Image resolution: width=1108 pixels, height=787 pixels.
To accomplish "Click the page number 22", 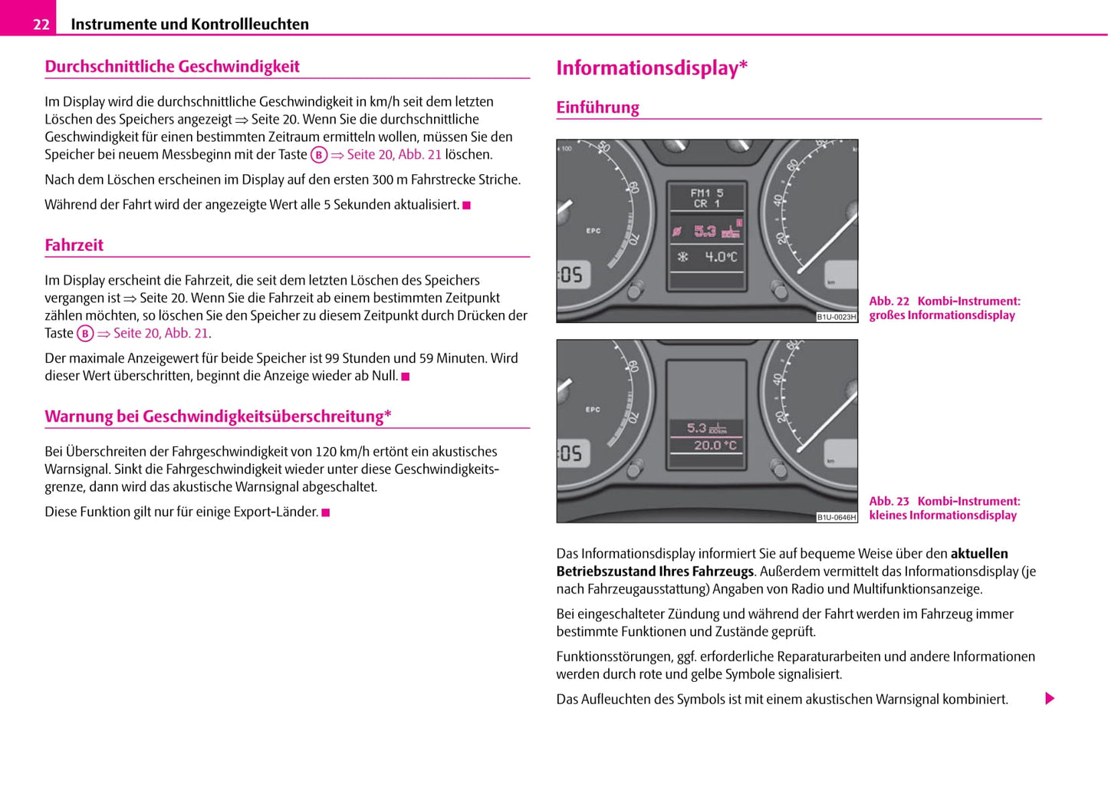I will click(x=41, y=25).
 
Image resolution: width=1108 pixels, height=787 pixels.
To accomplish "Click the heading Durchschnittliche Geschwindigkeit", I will click(x=172, y=67).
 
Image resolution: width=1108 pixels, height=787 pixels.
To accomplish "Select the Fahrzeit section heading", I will click(x=74, y=245).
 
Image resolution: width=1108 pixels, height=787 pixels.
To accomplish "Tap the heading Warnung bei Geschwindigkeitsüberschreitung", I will click(x=218, y=417).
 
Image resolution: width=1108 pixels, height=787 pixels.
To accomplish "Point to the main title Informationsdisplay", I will click(x=651, y=68).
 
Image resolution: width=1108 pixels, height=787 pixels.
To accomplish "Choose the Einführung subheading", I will click(x=597, y=108).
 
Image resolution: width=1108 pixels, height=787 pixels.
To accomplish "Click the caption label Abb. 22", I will click(x=889, y=301).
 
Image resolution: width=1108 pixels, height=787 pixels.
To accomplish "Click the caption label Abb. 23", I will click(x=889, y=502).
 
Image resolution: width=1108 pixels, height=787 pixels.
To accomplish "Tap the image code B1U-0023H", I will click(x=836, y=317).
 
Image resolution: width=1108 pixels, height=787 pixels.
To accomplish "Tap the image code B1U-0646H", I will click(x=836, y=517).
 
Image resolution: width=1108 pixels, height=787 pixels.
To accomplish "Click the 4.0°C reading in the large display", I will click(x=720, y=257).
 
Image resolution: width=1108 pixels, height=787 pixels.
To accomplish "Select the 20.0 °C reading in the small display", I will click(x=715, y=445).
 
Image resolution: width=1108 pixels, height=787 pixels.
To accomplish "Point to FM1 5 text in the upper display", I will click(x=706, y=193).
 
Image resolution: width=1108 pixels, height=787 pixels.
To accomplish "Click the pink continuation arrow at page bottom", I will click(x=1050, y=699).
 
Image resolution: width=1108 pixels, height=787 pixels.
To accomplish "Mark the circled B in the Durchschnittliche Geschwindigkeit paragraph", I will click(x=319, y=155).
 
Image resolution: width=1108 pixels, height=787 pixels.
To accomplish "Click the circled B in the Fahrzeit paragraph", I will click(x=85, y=334).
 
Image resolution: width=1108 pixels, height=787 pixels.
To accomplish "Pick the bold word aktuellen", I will click(x=978, y=554).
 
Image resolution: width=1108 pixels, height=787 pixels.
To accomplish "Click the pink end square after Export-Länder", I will click(x=326, y=512).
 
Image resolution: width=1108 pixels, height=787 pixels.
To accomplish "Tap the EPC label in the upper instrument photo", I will click(x=593, y=230).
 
